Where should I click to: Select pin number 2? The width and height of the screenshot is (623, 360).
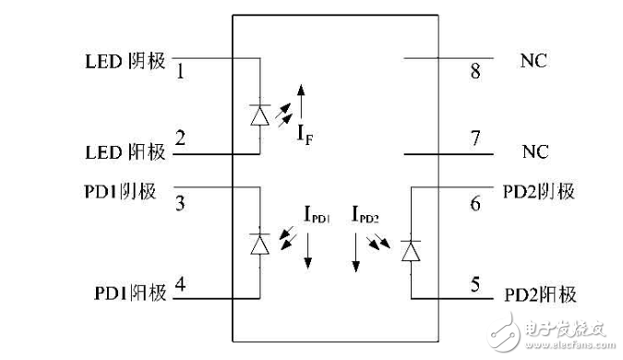[x=180, y=139]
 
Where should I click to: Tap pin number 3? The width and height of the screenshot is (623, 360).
[x=180, y=202]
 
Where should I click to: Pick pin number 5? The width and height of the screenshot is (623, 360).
[x=475, y=285]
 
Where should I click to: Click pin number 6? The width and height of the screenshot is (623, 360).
[x=475, y=203]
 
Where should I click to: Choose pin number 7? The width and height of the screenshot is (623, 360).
[x=475, y=139]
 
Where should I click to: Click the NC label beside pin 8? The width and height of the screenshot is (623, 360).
[x=534, y=61]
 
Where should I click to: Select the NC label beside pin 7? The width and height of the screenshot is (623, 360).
[x=534, y=147]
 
